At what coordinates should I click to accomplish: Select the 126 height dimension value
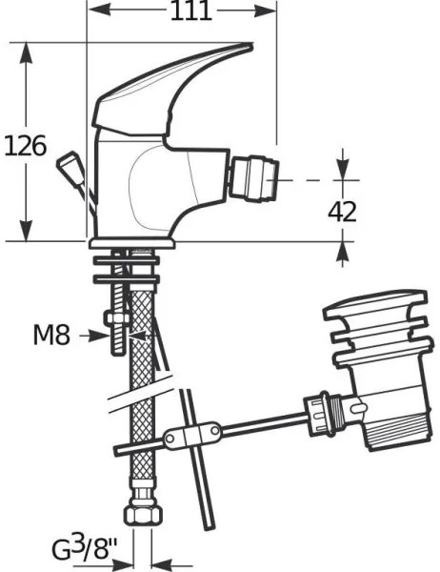25,146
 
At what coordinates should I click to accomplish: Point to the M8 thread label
51,335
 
